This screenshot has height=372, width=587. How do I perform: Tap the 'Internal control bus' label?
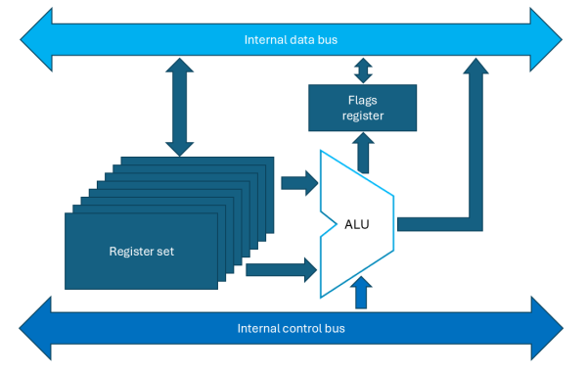click(291, 327)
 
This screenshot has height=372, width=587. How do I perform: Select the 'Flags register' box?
click(362, 108)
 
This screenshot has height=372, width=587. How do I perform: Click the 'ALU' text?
click(357, 223)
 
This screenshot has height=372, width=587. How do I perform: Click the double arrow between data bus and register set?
click(179, 108)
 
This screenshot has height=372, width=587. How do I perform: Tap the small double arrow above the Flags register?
click(363, 71)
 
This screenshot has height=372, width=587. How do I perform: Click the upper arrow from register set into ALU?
click(298, 182)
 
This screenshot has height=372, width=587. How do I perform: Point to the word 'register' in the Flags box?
click(362, 116)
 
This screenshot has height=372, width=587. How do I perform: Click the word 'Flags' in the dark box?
click(362, 100)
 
